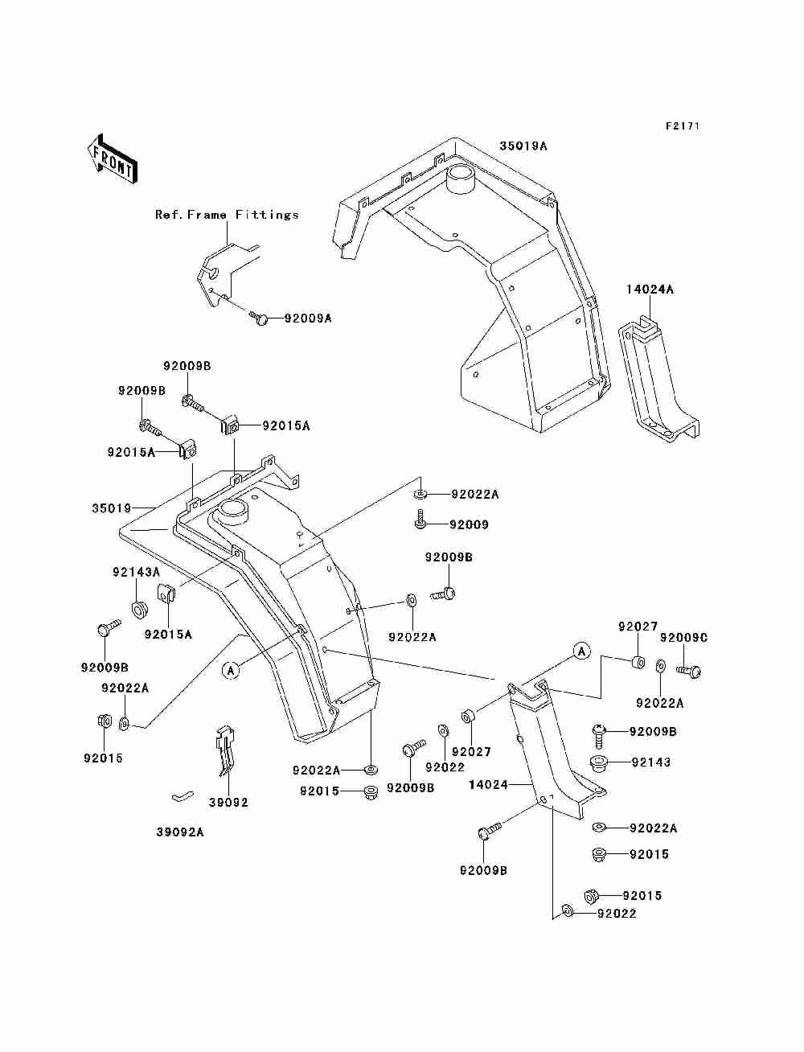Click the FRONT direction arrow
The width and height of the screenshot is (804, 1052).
pos(113,158)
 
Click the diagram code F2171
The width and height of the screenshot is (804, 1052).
pos(683,126)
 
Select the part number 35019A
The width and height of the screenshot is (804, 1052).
pos(523,146)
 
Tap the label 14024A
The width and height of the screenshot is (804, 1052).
pos(650,289)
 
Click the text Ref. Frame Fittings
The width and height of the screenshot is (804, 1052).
pos(227,215)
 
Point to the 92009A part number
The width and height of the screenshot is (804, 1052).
pos(308,318)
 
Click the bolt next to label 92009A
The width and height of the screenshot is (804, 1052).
pos(259,317)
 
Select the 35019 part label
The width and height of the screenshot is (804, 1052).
pos(112,508)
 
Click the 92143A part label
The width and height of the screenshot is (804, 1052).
pos(137,572)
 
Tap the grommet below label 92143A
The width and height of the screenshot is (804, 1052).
pos(139,609)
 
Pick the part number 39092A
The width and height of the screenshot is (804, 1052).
pos(180,832)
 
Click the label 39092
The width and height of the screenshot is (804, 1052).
pos(228,802)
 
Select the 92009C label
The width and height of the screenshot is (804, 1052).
pos(683,638)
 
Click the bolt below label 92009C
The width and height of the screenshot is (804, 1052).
pos(688,671)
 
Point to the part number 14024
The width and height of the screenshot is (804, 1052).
pos(488,784)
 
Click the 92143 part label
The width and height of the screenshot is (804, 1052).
pos(651,762)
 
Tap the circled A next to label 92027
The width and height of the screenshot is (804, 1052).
pos(582,651)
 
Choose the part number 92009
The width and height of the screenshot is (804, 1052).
pos(469,525)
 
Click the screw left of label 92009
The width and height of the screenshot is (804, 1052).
pos(420,520)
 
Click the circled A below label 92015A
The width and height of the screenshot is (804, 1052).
pos(232,670)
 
